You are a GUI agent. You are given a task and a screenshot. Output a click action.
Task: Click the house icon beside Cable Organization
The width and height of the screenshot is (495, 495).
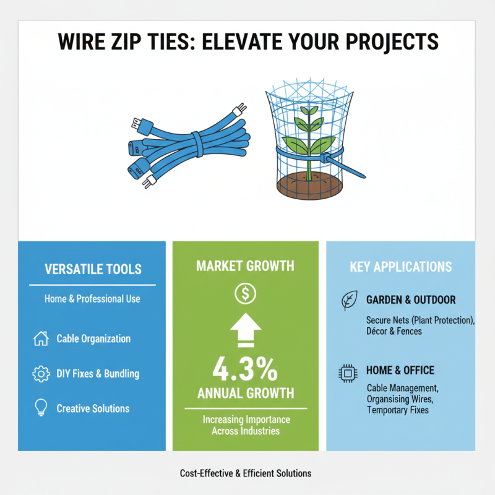click(x=40, y=338)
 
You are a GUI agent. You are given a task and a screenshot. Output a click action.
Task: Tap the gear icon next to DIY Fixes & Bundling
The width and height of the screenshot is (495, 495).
click(x=40, y=374)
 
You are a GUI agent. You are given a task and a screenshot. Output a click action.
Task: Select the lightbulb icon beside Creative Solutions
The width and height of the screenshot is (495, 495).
click(x=40, y=408)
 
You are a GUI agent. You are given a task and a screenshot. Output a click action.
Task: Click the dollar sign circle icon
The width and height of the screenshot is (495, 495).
click(x=244, y=294)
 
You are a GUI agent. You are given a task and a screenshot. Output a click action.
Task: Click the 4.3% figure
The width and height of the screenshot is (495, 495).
click(x=245, y=370)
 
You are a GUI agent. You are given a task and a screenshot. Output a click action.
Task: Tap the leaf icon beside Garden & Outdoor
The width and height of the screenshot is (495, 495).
click(x=348, y=301)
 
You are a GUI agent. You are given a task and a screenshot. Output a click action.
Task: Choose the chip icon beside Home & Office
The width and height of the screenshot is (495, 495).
click(x=348, y=372)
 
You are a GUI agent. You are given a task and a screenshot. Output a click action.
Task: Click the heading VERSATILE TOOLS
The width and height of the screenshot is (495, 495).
click(x=93, y=269)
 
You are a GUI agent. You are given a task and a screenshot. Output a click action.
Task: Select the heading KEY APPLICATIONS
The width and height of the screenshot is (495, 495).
click(x=400, y=267)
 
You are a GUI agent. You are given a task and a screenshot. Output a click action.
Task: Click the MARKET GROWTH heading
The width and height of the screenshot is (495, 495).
click(x=245, y=266)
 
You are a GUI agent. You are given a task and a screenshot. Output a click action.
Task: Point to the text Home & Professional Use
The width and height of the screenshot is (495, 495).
click(x=92, y=299)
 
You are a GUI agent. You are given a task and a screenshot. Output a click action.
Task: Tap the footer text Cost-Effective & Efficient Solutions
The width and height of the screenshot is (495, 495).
click(x=246, y=473)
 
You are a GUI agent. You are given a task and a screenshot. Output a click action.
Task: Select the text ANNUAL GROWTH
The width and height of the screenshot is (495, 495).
click(x=245, y=394)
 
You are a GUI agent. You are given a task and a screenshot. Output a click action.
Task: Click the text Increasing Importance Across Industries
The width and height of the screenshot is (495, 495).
click(x=246, y=425)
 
